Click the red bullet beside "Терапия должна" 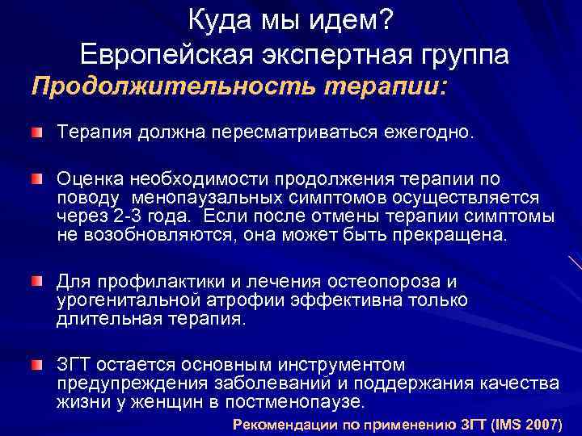click(x=38, y=132)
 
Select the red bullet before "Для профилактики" click(x=38, y=280)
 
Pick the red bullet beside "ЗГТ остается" click(x=38, y=365)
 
